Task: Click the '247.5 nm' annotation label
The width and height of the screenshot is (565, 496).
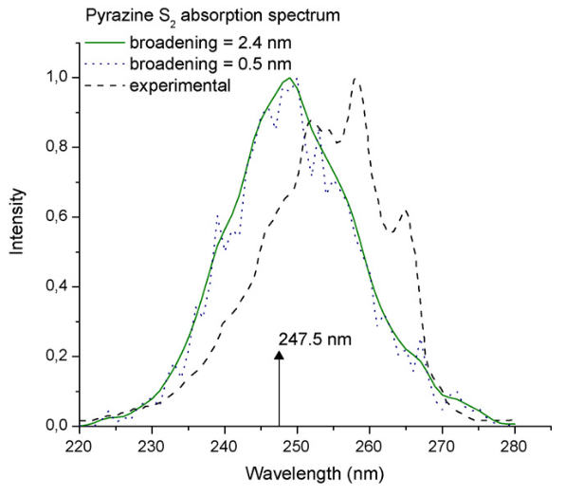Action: coord(311,338)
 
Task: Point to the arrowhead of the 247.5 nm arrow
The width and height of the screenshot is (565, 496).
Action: coord(279,355)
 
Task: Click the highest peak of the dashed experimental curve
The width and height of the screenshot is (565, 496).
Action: coord(355,79)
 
